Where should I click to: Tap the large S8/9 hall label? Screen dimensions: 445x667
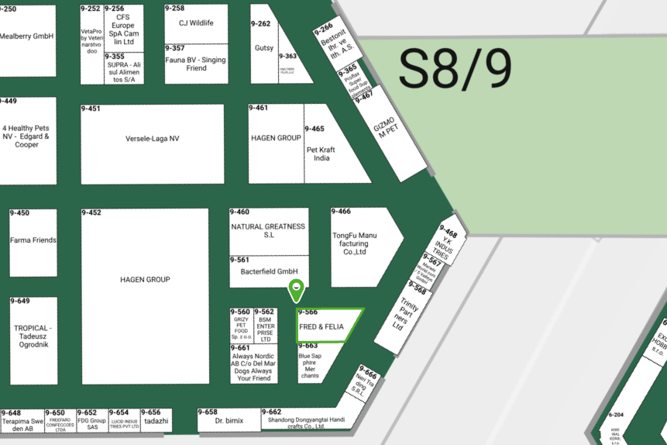[x=456, y=70]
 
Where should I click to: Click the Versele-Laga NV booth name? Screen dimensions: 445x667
[x=153, y=139]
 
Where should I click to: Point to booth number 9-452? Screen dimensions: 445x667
[x=91, y=212]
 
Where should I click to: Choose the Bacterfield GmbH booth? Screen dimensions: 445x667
[x=269, y=272]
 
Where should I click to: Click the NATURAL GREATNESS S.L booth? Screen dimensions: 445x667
[x=269, y=230]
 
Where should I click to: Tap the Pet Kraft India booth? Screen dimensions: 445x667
[x=321, y=153]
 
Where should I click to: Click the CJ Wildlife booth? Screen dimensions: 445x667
[x=196, y=23]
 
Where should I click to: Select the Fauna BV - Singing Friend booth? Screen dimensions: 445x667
[x=196, y=64]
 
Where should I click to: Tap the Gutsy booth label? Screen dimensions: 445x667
[x=264, y=48]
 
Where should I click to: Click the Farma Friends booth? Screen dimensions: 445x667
[x=33, y=240]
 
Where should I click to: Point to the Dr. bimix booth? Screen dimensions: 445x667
[x=229, y=421]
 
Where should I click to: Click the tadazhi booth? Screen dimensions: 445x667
[x=156, y=421]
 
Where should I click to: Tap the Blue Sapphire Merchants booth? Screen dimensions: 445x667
[x=310, y=365]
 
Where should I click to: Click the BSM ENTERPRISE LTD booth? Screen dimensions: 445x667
[x=265, y=329]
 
